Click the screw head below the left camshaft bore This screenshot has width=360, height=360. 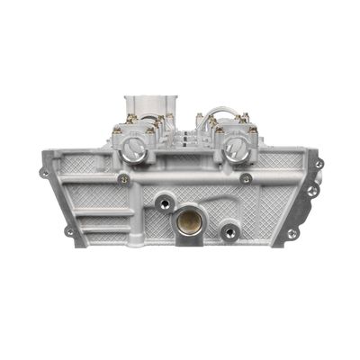tap(123, 178)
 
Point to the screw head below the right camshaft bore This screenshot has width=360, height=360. tap(246, 178)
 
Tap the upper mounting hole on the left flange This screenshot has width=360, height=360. tap(44, 172)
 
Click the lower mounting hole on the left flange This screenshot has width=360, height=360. tap(68, 231)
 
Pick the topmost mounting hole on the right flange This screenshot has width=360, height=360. tap(319, 164)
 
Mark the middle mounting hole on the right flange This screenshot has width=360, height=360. tap(311, 191)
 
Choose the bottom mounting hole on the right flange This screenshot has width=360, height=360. tap(291, 233)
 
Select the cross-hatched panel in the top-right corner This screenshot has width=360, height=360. tap(286, 162)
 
